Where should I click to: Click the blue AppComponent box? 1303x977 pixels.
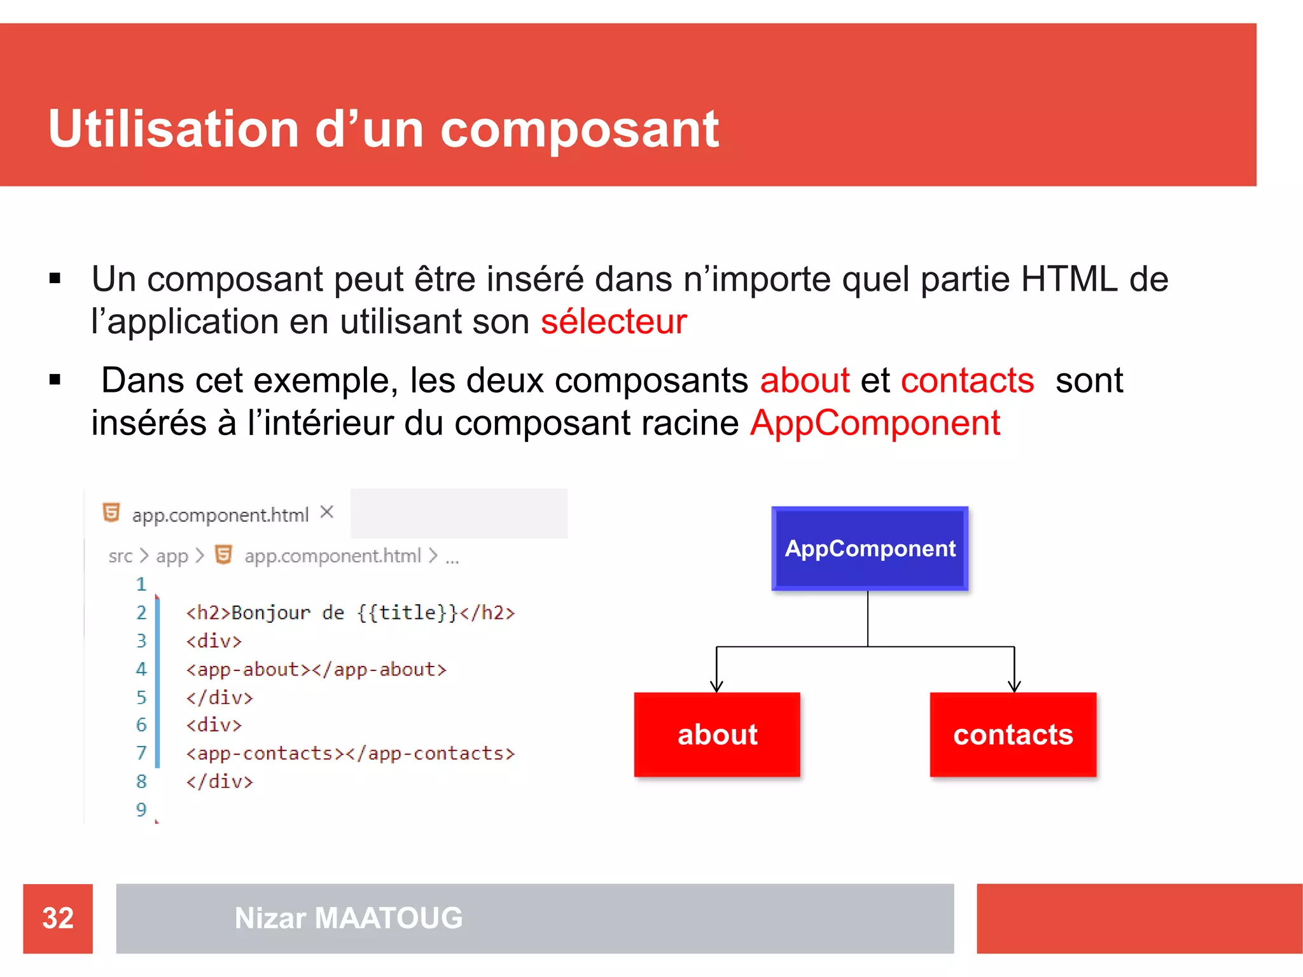pos(870,548)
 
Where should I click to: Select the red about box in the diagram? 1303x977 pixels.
pos(717,734)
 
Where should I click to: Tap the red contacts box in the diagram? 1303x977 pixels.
pos(1013,734)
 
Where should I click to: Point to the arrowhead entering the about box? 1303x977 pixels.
pos(716,686)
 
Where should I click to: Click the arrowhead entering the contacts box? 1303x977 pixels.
pos(1014,686)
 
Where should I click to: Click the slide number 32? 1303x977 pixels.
pos(58,918)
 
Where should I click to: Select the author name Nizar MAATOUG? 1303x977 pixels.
pos(349,918)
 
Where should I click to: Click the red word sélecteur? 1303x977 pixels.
pos(613,321)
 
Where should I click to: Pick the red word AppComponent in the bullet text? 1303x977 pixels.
pos(875,423)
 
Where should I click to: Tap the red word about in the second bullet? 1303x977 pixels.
pos(805,380)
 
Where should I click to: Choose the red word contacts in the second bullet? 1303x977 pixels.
pos(967,380)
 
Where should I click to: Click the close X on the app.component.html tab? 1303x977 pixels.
pos(327,512)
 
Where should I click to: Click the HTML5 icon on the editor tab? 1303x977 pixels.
pos(111,513)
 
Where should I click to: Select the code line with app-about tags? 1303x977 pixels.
pos(316,669)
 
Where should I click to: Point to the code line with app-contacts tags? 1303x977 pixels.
pos(350,753)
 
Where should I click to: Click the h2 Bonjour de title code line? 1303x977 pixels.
pos(350,613)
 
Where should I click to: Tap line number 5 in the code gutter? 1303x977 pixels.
pos(141,697)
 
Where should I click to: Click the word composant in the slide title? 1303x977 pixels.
pos(579,129)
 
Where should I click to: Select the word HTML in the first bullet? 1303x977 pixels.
pos(1069,279)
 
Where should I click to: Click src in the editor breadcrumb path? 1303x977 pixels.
pos(120,556)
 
